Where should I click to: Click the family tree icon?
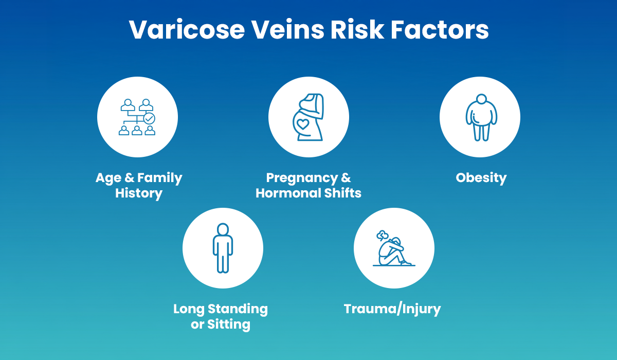137,117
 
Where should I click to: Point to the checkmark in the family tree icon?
149,118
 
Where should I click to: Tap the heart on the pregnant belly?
303,124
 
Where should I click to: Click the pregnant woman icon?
308,117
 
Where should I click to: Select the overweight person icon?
480,117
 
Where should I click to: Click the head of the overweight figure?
481,99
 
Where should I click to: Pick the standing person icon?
223,248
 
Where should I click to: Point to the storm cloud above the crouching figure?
382,236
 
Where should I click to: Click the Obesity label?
481,178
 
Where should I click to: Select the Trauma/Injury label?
392,309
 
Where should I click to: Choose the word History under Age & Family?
139,193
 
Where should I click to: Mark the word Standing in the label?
238,309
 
